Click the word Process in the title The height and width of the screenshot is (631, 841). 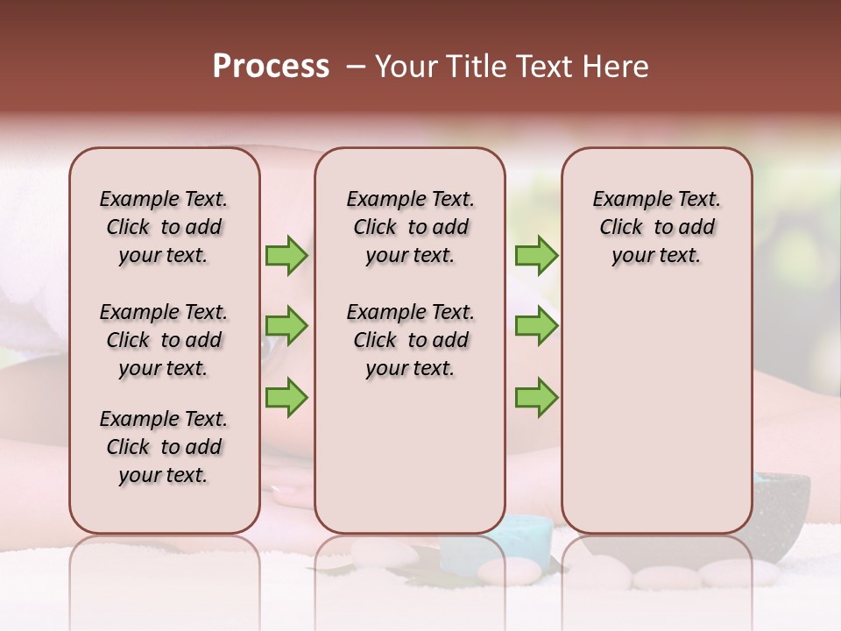[x=271, y=67]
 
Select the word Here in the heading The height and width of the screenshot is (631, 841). [x=617, y=67]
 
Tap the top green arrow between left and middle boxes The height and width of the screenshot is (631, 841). [x=286, y=256]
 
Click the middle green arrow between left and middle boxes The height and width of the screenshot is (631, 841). [x=286, y=327]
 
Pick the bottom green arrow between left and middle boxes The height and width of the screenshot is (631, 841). [x=286, y=398]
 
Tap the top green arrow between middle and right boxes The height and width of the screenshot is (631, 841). [x=536, y=256]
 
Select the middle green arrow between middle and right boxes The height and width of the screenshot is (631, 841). [x=536, y=327]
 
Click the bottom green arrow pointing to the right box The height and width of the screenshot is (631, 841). [x=536, y=398]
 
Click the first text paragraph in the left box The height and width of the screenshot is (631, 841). [x=164, y=227]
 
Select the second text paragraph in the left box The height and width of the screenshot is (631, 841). [x=164, y=340]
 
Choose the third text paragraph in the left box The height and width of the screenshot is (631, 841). [x=164, y=447]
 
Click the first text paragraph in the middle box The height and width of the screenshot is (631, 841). [x=410, y=227]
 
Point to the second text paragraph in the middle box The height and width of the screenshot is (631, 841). [x=410, y=340]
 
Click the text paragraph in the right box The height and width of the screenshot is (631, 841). [x=656, y=227]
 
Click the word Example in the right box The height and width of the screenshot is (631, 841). [x=626, y=199]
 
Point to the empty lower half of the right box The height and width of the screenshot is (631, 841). [x=656, y=412]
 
